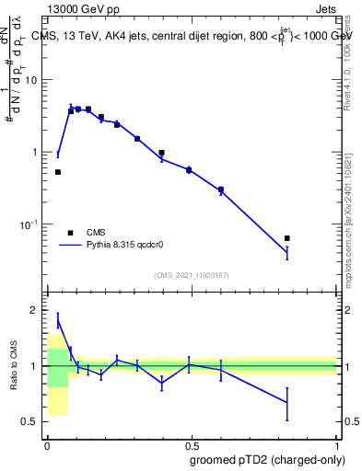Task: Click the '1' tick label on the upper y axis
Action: (x=34, y=152)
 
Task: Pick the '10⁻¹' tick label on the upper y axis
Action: (x=29, y=224)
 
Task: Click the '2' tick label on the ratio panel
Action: (x=34, y=310)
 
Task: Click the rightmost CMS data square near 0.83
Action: (x=287, y=238)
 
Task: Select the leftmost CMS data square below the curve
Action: (x=58, y=172)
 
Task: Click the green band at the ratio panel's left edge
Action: (x=57, y=367)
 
